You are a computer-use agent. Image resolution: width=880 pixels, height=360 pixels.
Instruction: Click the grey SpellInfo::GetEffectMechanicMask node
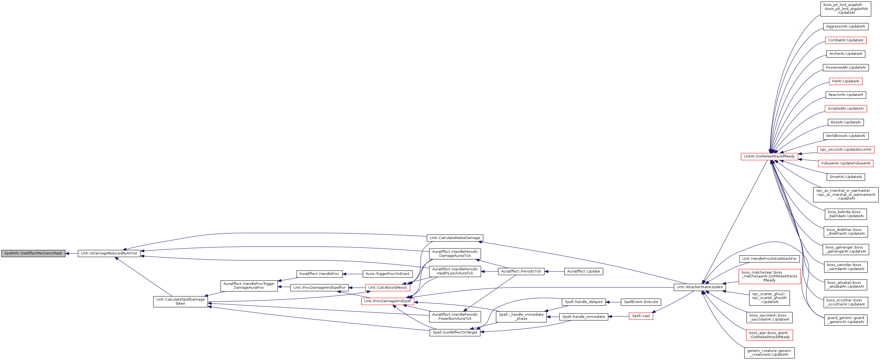point(33,253)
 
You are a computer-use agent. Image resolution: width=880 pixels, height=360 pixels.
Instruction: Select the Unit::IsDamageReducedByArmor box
point(109,253)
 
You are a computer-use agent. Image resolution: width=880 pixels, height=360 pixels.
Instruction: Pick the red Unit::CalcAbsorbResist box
point(387,288)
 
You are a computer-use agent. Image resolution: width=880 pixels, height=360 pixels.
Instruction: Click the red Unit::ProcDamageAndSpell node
point(387,301)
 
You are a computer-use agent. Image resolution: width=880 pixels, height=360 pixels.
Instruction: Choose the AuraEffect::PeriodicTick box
point(521,271)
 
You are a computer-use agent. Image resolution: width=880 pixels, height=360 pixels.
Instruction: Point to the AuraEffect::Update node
point(584,271)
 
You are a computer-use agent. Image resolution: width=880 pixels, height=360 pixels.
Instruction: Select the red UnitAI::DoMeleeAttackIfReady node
point(769,156)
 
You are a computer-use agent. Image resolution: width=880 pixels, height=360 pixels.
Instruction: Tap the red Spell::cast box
point(641,316)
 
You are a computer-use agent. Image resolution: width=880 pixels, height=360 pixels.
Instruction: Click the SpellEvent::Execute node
point(641,302)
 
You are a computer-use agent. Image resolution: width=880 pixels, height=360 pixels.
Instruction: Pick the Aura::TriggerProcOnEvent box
point(387,274)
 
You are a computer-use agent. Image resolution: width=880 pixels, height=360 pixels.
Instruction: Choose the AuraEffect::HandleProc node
point(319,274)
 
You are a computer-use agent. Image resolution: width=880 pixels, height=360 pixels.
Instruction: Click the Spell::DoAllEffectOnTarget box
point(455,333)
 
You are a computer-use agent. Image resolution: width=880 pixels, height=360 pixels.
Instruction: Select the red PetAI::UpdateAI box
point(845,81)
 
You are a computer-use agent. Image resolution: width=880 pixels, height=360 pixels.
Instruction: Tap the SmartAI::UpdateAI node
point(845,177)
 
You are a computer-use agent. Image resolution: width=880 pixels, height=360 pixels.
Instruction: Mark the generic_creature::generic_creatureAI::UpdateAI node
point(769,353)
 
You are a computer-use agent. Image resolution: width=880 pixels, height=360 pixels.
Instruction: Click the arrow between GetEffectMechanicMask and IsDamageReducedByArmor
point(72,253)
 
